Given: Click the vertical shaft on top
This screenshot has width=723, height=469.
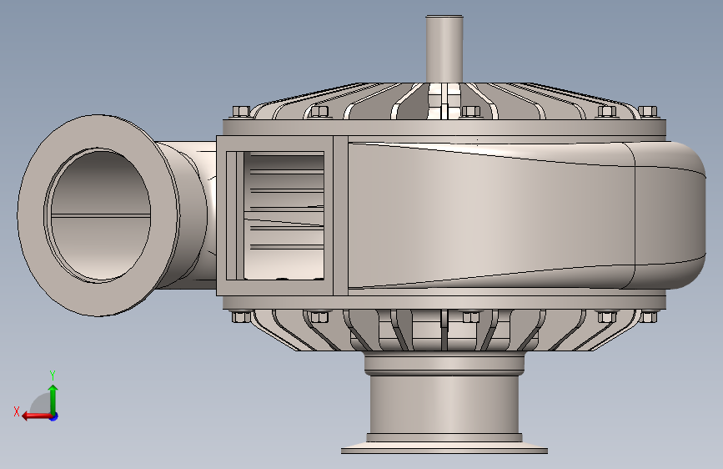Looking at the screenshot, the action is (444, 49).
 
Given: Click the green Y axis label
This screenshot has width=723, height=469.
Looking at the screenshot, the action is (53, 375).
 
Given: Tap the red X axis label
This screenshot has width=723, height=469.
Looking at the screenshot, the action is (17, 411).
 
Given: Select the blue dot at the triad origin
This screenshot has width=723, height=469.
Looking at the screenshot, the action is (54, 416).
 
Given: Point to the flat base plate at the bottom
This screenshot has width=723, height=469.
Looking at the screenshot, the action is (444, 448).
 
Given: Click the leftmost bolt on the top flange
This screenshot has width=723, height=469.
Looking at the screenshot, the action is (241, 112).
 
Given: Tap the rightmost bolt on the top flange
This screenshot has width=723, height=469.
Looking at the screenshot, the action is (647, 112).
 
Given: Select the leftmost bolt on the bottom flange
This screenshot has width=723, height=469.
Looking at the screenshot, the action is (241, 316).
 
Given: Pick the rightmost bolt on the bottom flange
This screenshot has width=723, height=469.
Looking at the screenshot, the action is (647, 316).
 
